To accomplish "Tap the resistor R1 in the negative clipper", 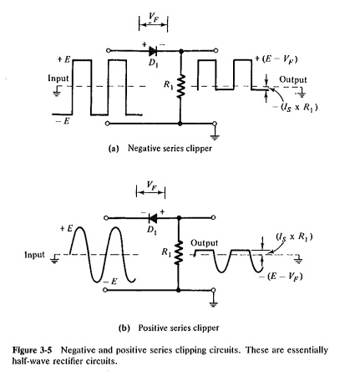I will (179, 87).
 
